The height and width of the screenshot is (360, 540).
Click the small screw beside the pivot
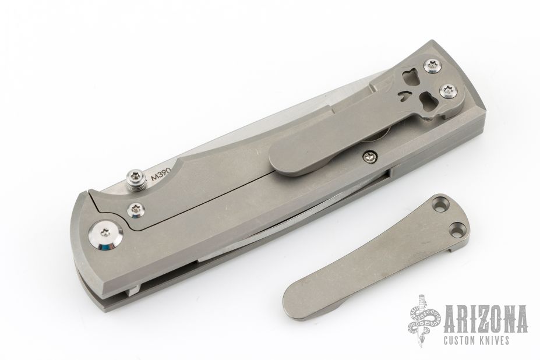tap(136, 209)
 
